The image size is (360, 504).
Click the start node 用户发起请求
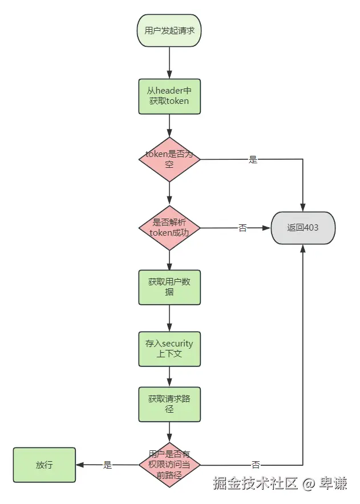coord(169,30)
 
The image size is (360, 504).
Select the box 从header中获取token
coord(169,96)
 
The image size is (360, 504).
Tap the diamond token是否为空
coord(169,159)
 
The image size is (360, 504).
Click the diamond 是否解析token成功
coord(169,228)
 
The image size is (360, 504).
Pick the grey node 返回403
coord(302,228)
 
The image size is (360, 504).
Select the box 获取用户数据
coord(169,287)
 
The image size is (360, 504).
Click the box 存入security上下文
coord(169,349)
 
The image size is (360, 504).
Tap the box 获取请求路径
coord(169,404)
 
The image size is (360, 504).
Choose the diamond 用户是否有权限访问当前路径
coord(169,465)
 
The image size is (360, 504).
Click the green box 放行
coord(45,465)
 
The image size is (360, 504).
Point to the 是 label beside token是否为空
coord(253,160)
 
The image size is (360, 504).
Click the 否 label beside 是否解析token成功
coord(242,228)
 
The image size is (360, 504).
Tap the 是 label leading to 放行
coord(107,465)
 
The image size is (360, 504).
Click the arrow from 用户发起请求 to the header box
coord(169,63)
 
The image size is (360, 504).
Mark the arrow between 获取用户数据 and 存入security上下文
coord(169,318)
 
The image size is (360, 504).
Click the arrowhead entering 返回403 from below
coord(302,249)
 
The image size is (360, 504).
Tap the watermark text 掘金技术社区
coord(256,484)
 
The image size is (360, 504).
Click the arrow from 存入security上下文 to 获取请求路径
coord(169,377)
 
